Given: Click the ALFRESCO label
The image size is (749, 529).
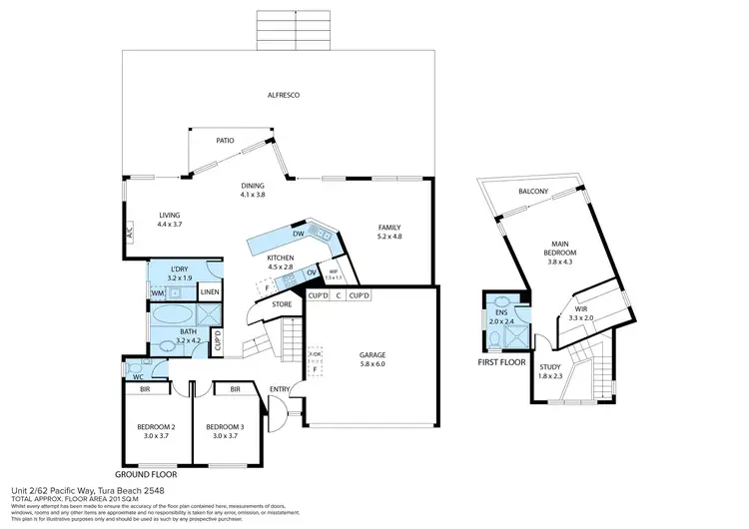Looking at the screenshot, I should (x=283, y=95).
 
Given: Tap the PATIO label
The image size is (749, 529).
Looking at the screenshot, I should (x=225, y=141).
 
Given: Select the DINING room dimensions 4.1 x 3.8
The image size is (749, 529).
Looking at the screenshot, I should (x=252, y=195).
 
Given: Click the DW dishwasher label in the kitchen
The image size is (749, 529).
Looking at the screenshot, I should (x=298, y=234).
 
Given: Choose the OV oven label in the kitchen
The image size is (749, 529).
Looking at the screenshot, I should (x=312, y=272).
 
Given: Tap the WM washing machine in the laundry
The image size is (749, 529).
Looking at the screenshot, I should (x=158, y=292).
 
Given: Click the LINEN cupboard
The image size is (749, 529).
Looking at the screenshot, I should (x=210, y=292).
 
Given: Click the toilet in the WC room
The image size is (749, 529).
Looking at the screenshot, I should (x=136, y=376).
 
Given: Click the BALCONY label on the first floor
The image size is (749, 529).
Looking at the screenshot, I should (x=530, y=192).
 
